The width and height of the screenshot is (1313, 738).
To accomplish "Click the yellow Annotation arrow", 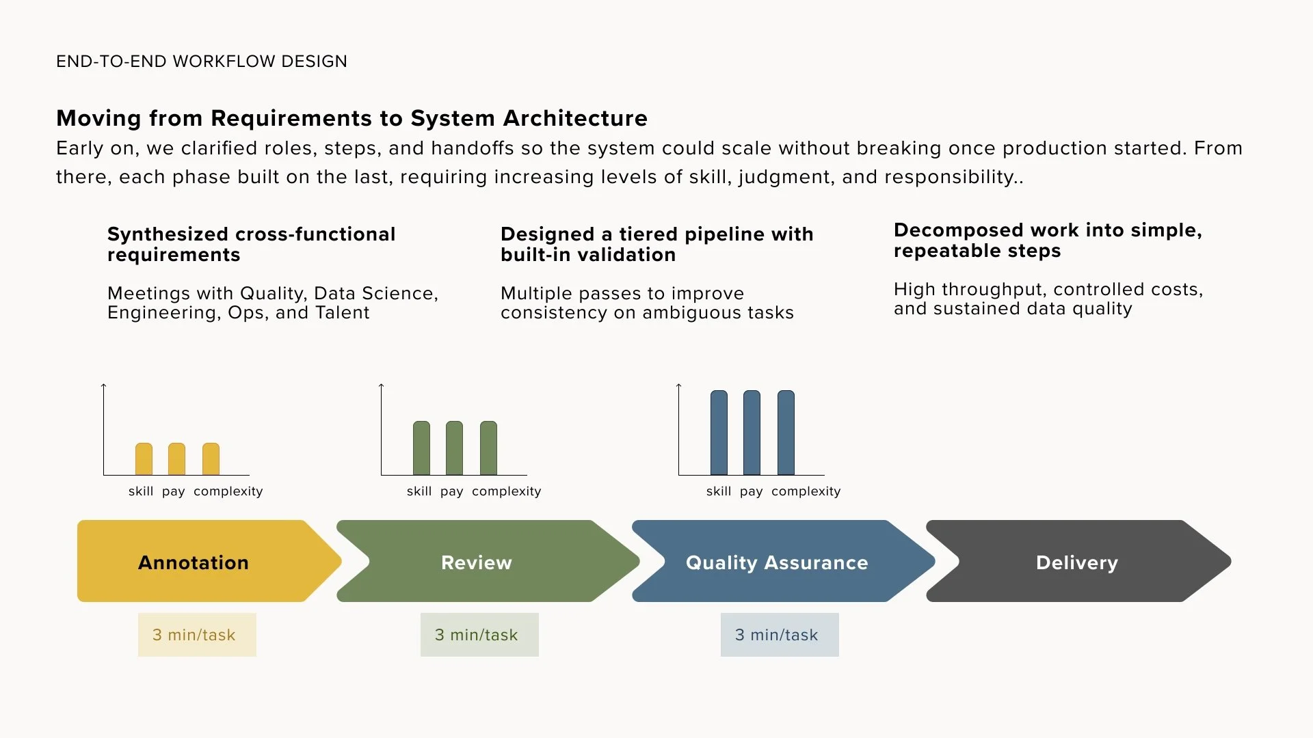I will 194,562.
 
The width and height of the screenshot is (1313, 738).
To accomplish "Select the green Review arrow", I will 477,562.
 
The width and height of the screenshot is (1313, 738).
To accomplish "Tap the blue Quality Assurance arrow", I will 777,562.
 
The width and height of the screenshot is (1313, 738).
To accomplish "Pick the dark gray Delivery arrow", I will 1076,562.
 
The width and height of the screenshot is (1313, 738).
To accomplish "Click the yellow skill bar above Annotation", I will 144,459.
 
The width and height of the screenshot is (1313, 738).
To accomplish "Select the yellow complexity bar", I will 211,459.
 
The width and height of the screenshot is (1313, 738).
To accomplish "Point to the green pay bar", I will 454,448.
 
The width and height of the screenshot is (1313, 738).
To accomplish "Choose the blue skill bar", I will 719,433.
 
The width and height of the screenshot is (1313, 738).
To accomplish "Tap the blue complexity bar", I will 786,433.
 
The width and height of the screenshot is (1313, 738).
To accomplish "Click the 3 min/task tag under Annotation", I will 197,635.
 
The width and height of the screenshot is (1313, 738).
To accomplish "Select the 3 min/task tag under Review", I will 479,635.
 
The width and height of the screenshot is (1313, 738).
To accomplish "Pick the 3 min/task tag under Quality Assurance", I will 780,635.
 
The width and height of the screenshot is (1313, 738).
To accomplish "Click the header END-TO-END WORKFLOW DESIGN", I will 202,61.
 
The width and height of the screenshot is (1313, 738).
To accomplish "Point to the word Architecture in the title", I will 575,118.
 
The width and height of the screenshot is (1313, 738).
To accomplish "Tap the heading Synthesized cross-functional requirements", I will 252,244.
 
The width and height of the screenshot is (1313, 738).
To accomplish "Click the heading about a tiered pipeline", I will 656,244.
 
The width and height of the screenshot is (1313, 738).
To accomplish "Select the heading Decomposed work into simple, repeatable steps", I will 1048,240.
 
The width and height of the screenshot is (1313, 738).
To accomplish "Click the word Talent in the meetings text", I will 342,313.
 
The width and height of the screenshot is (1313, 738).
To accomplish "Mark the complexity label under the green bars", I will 506,491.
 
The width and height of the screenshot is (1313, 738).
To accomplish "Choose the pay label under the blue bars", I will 751,491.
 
